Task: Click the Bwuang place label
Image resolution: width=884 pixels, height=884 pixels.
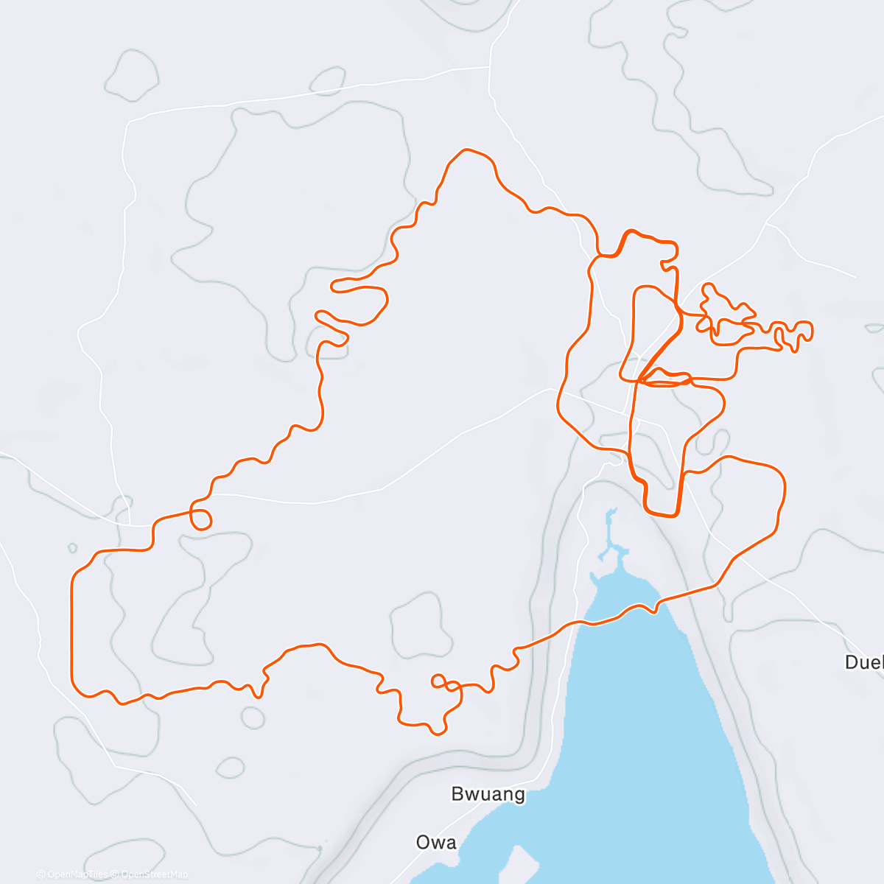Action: pyautogui.click(x=488, y=794)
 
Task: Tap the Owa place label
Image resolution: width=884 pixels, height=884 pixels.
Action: pyautogui.click(x=436, y=842)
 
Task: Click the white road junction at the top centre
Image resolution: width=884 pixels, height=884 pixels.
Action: pyautogui.click(x=490, y=67)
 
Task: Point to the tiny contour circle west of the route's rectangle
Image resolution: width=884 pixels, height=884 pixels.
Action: pyautogui.click(x=72, y=548)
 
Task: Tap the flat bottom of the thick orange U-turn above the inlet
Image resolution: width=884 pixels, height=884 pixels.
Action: pyautogui.click(x=661, y=514)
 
